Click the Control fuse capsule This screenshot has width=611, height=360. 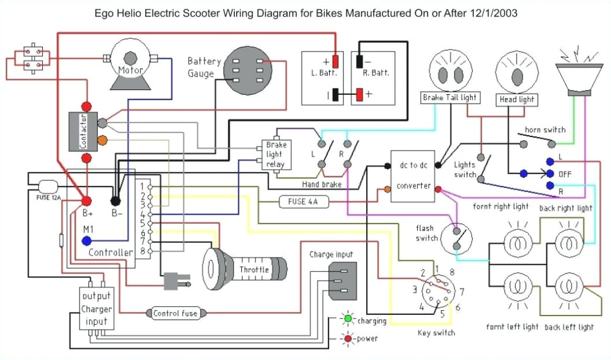[175, 313]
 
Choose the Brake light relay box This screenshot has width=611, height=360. [275, 155]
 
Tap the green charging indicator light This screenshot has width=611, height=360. [348, 319]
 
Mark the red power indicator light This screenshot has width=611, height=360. [348, 338]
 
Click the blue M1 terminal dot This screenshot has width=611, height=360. [87, 241]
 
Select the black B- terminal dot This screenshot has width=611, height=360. [115, 200]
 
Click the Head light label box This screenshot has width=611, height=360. [516, 100]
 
